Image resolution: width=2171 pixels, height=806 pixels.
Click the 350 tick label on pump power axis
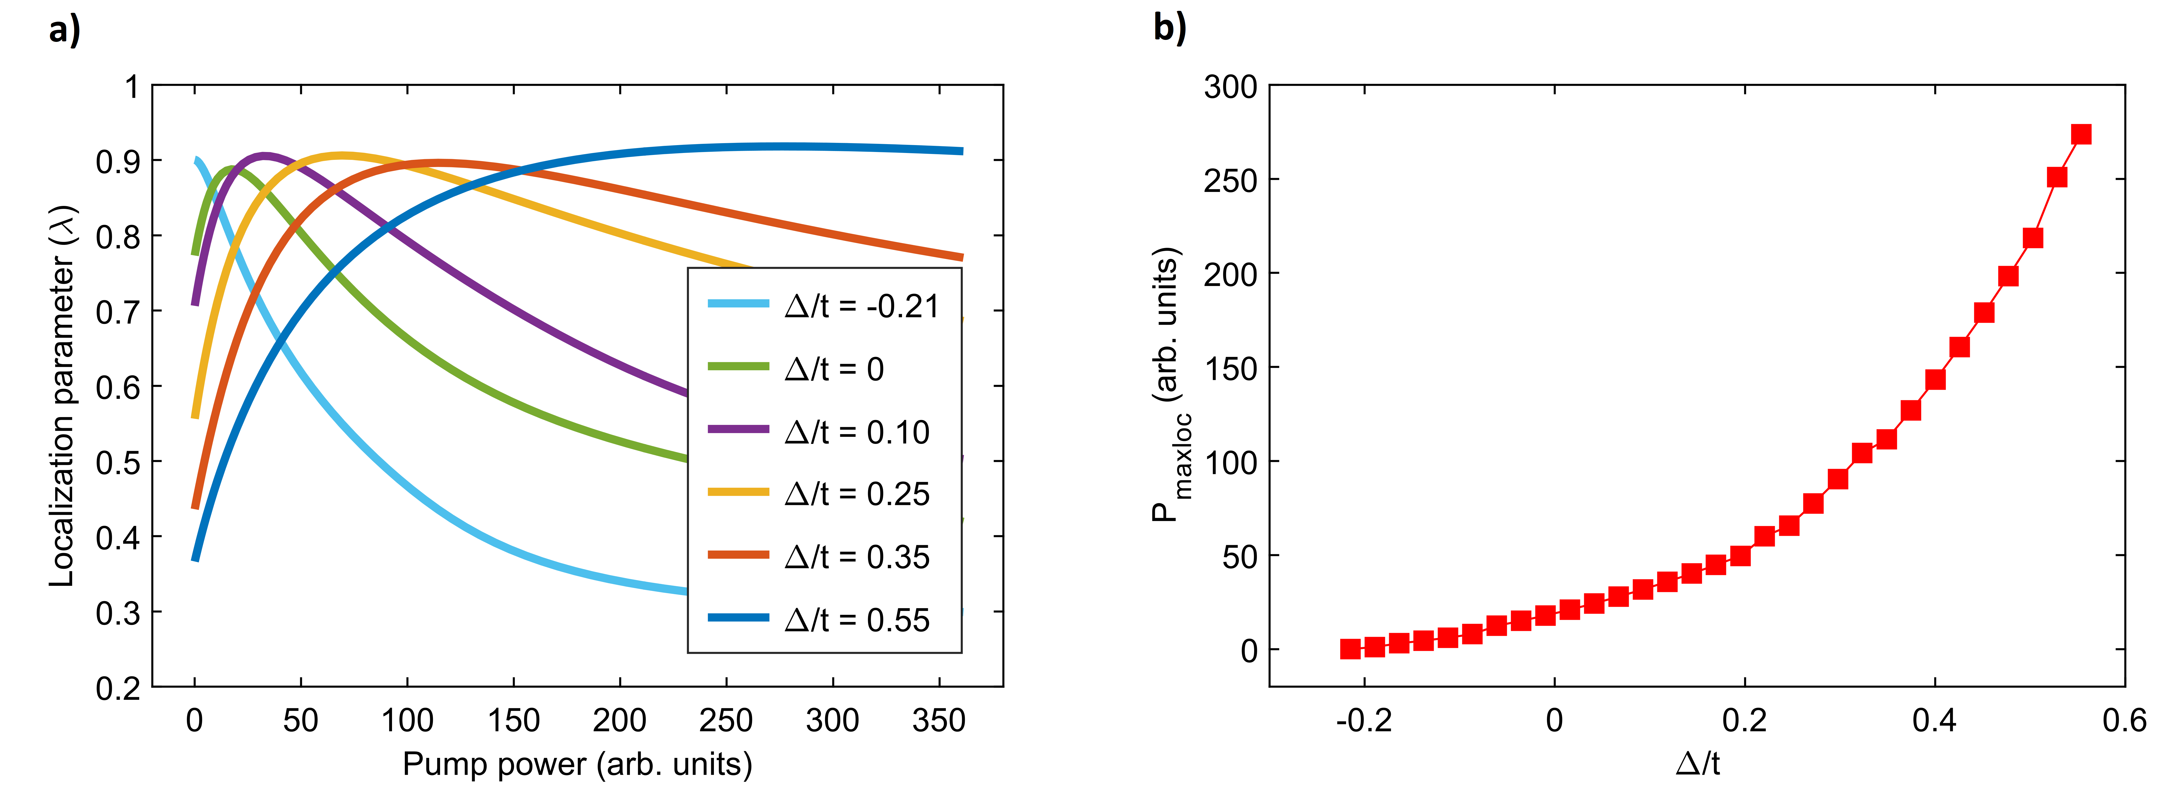click(x=938, y=721)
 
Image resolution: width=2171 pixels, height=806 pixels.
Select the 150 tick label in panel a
click(x=513, y=721)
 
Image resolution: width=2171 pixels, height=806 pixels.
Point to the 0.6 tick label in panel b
click(x=2124, y=721)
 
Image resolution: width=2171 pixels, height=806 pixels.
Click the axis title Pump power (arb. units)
click(x=577, y=764)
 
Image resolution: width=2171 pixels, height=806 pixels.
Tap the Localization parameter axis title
click(x=63, y=396)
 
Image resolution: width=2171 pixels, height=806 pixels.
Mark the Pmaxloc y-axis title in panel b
click(x=1167, y=385)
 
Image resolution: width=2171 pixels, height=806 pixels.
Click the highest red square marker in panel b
click(x=2081, y=134)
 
